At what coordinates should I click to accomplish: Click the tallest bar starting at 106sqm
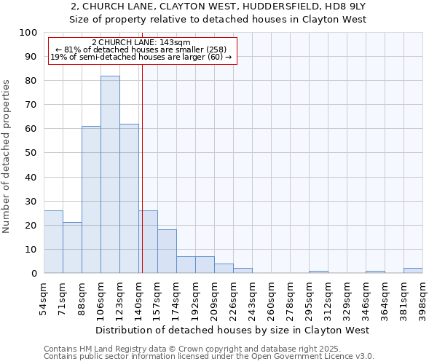tap(110, 175)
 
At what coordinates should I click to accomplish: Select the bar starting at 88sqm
tap(91, 199)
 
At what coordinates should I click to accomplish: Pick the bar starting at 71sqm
tap(72, 248)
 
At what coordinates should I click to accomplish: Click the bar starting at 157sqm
tap(167, 251)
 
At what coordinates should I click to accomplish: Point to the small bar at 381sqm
tap(413, 271)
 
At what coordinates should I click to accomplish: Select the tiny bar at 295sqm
tap(318, 272)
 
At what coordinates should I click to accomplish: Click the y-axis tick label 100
tap(28, 33)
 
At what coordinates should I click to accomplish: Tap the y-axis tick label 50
tap(31, 153)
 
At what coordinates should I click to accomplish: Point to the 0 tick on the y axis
tap(34, 274)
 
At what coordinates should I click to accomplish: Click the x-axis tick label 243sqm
tap(252, 295)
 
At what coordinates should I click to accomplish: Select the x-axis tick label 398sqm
tap(422, 295)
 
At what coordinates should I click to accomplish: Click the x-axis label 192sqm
tap(195, 295)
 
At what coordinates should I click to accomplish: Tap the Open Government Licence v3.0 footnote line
tap(209, 357)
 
